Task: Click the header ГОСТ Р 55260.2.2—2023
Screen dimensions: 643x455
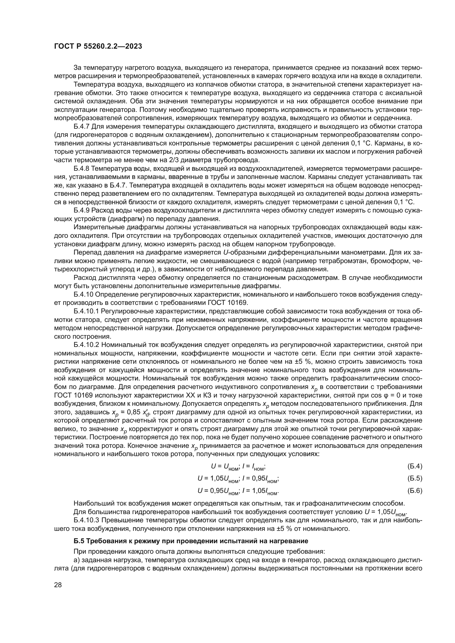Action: click(98, 46)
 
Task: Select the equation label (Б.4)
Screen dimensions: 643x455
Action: click(414, 466)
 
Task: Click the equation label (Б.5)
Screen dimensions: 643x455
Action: click(414, 478)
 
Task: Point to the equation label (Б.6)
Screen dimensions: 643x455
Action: click(414, 491)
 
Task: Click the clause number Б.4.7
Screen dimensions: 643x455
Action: click(81, 126)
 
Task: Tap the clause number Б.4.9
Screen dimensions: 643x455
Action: click(81, 210)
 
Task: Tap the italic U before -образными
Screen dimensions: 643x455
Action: click(225, 253)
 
